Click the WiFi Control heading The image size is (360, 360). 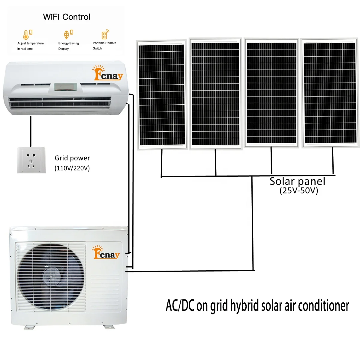[x=67, y=17]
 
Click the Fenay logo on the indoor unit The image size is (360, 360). [x=108, y=74]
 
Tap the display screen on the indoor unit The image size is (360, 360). [x=65, y=87]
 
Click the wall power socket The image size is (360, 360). [x=31, y=160]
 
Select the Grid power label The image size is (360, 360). [x=72, y=158]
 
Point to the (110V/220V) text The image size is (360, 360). [x=72, y=168]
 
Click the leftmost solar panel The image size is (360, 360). [x=162, y=95]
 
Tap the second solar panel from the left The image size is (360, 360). [x=215, y=94]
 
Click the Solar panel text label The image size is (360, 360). [x=297, y=181]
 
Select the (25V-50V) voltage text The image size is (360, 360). [x=298, y=190]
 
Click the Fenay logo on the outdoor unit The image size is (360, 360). [x=106, y=253]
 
